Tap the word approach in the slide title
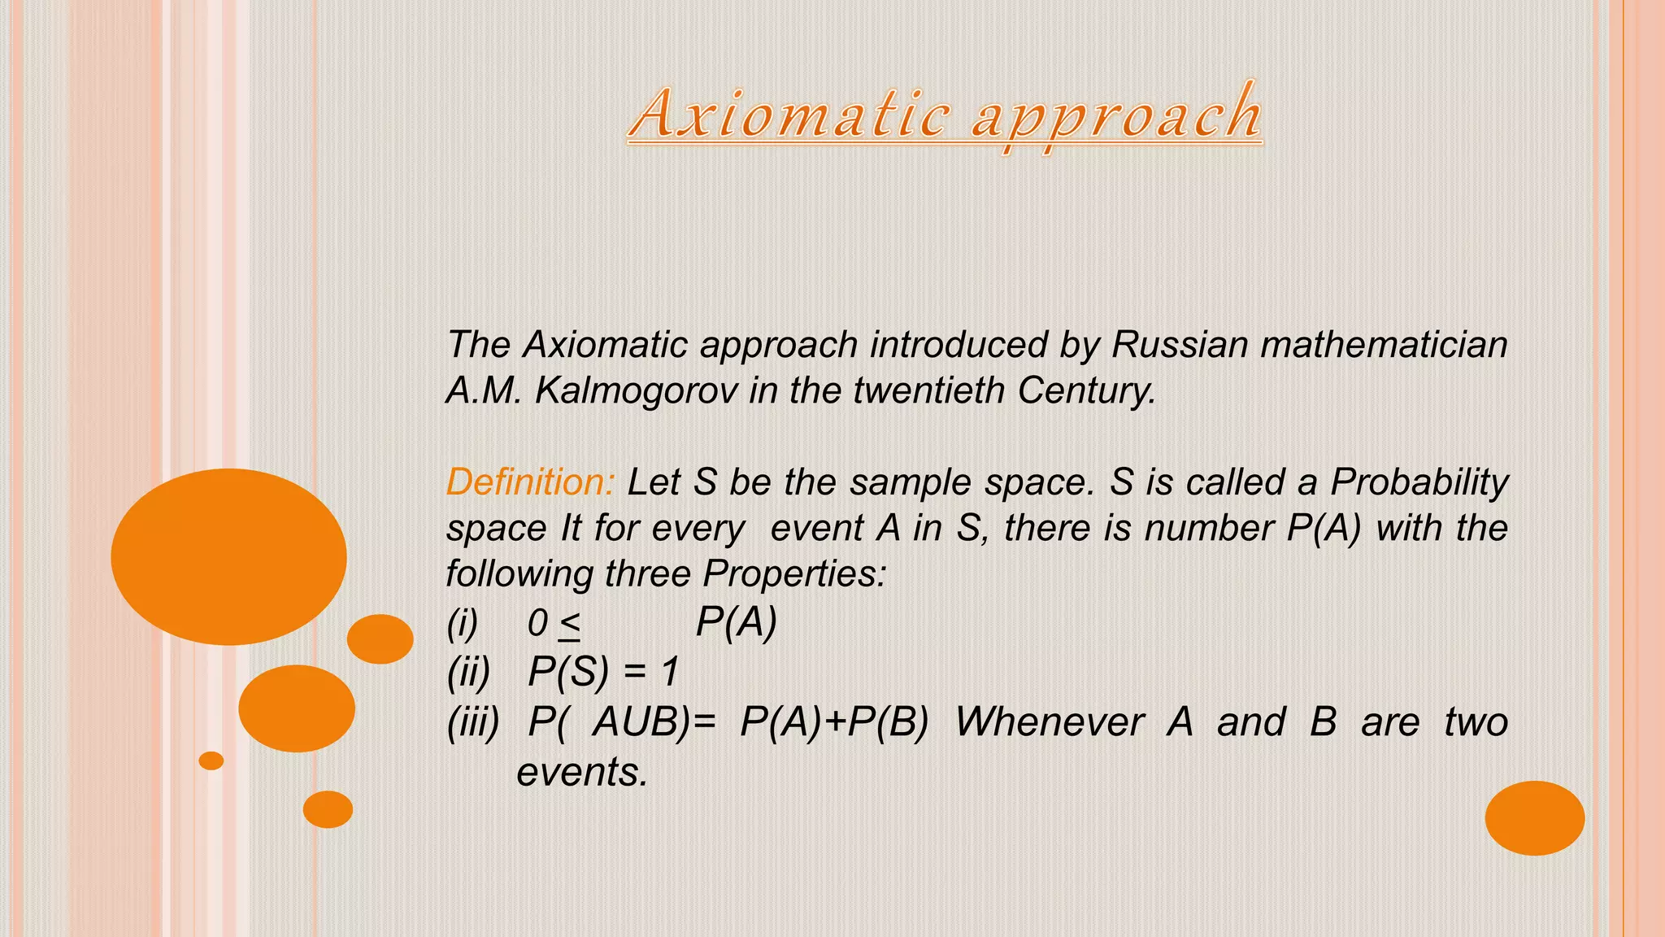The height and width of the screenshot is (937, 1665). (x=1117, y=117)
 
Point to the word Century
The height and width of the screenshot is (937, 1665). (x=1086, y=390)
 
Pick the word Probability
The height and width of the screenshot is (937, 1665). (x=1419, y=482)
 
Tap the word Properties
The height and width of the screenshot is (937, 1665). (x=794, y=573)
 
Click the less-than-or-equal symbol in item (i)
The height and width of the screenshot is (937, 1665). (x=569, y=625)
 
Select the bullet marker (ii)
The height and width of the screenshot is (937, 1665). (x=469, y=673)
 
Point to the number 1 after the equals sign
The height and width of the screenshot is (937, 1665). (x=670, y=673)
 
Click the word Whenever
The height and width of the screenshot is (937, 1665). (x=1050, y=721)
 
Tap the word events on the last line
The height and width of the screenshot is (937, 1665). (x=582, y=772)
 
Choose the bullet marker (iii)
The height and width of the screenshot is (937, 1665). (x=473, y=721)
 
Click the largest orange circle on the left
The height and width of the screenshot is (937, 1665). (x=228, y=557)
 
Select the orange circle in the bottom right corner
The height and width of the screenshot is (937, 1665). (x=1534, y=817)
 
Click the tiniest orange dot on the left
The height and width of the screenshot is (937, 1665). (x=211, y=760)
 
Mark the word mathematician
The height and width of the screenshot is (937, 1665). (x=1384, y=344)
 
